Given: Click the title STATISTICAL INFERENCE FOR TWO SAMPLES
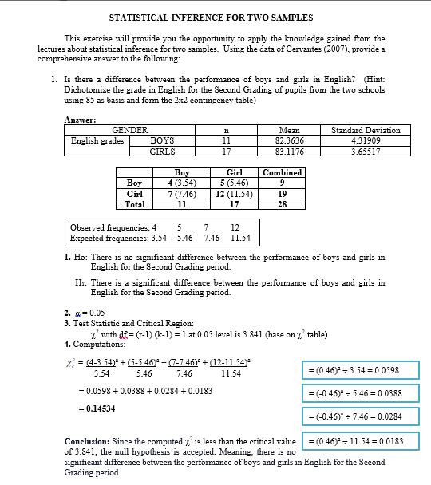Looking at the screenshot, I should (215, 17).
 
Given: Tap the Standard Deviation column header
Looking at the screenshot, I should (366, 129).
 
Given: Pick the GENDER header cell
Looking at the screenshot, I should (129, 129).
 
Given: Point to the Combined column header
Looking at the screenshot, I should (282, 172).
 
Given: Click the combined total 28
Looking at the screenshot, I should (282, 203).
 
